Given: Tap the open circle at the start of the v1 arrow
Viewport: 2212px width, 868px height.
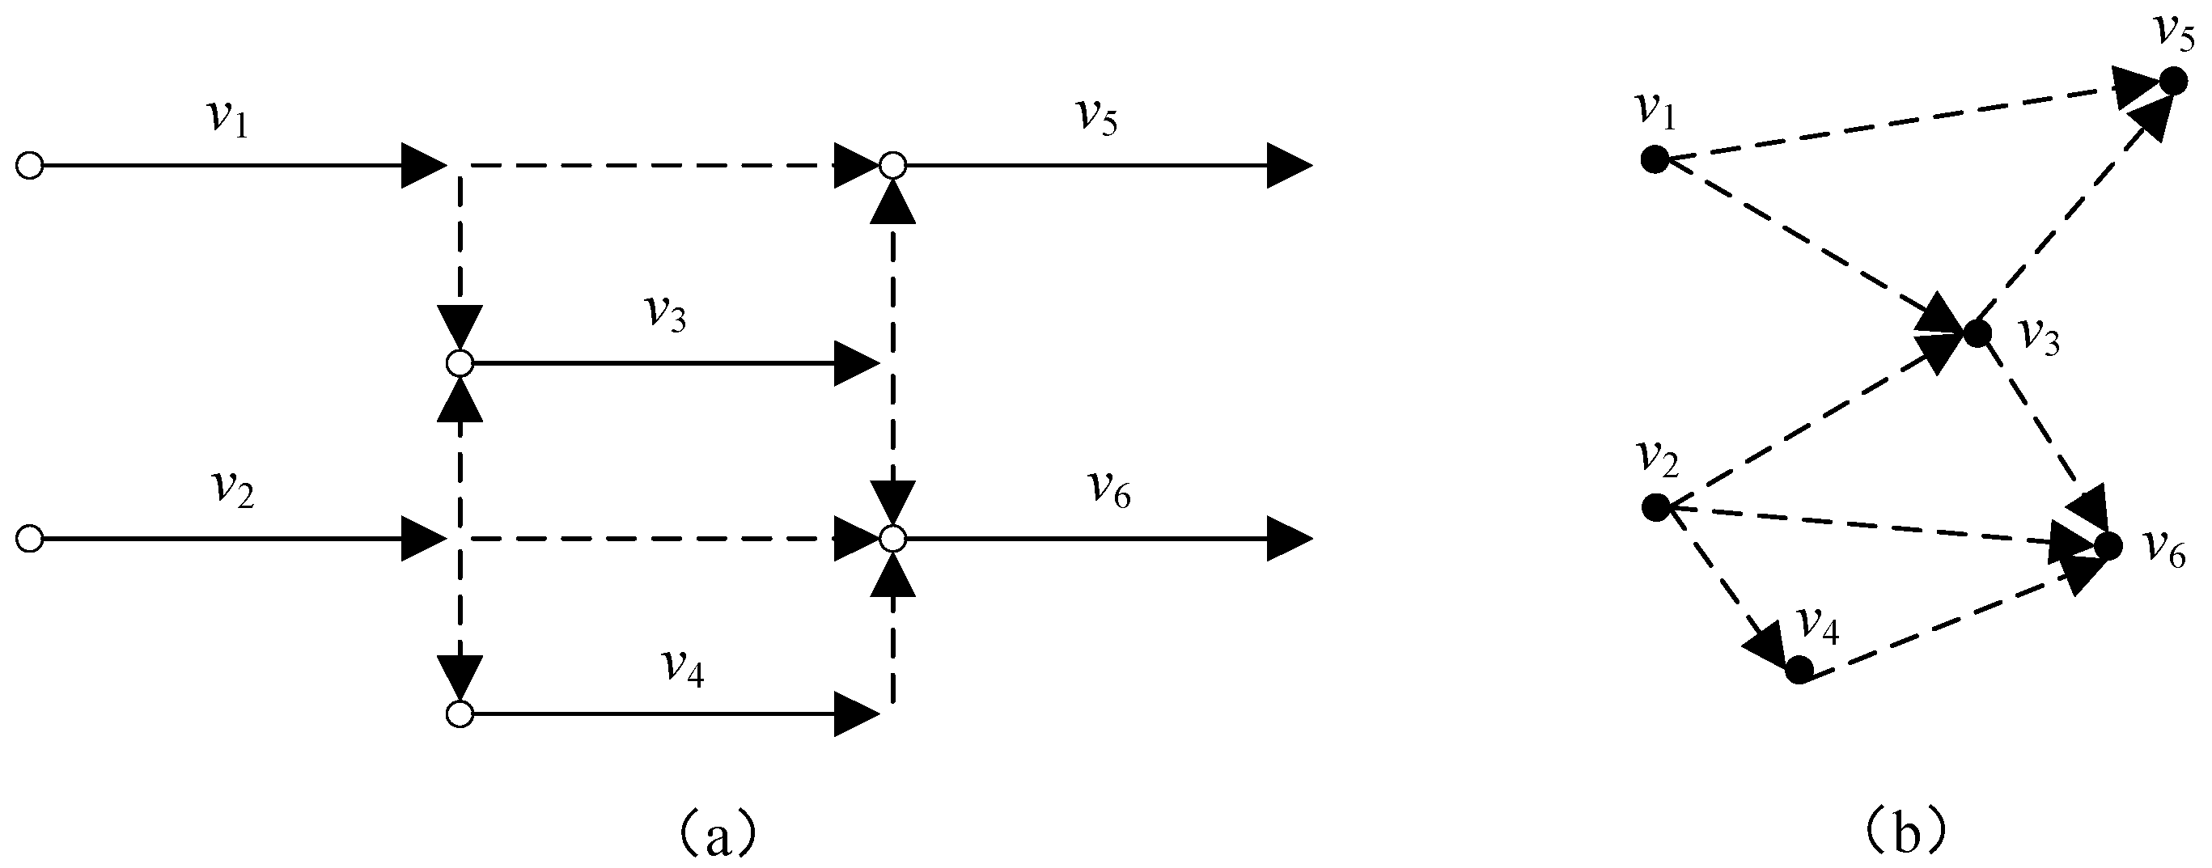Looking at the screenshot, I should tap(30, 165).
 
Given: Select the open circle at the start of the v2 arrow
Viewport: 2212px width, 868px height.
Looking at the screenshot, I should tap(30, 540).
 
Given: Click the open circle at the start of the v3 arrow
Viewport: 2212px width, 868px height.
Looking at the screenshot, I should tap(460, 364).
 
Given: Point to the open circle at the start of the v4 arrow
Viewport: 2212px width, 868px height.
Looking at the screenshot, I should tap(460, 714).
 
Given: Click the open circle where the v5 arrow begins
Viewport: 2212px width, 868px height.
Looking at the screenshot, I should tap(893, 165).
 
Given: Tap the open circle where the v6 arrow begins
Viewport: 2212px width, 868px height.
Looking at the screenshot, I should tap(893, 540).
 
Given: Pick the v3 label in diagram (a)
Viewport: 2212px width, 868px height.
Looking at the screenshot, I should tap(667, 316).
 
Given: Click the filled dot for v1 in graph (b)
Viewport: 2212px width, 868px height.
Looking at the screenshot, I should tap(1654, 159).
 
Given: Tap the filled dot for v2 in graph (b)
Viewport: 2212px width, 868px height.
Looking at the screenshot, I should tap(1655, 507).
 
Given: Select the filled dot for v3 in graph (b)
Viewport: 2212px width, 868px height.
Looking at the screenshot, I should tap(1977, 332).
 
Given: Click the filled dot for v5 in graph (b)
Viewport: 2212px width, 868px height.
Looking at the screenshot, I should tap(2173, 82).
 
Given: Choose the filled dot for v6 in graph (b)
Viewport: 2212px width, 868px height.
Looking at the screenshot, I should tap(2108, 545).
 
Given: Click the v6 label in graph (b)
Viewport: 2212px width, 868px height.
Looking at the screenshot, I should tap(2165, 549).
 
